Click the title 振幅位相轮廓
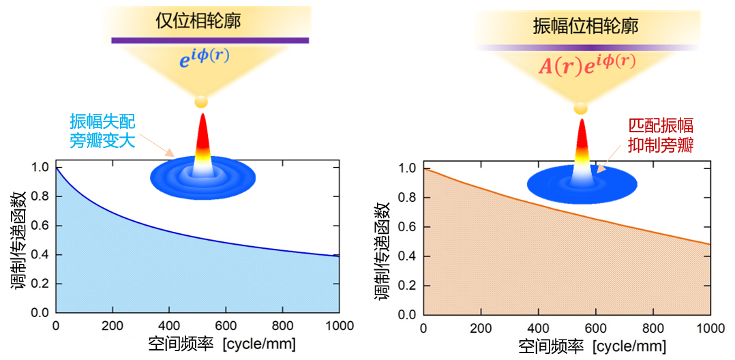[x=585, y=26]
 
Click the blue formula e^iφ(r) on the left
[x=205, y=59]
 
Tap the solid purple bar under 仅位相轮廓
[x=210, y=40]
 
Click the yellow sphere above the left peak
[x=201, y=102]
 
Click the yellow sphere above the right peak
[x=581, y=108]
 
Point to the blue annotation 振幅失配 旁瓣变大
[x=102, y=132]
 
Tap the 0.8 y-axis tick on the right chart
[x=408, y=198]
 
